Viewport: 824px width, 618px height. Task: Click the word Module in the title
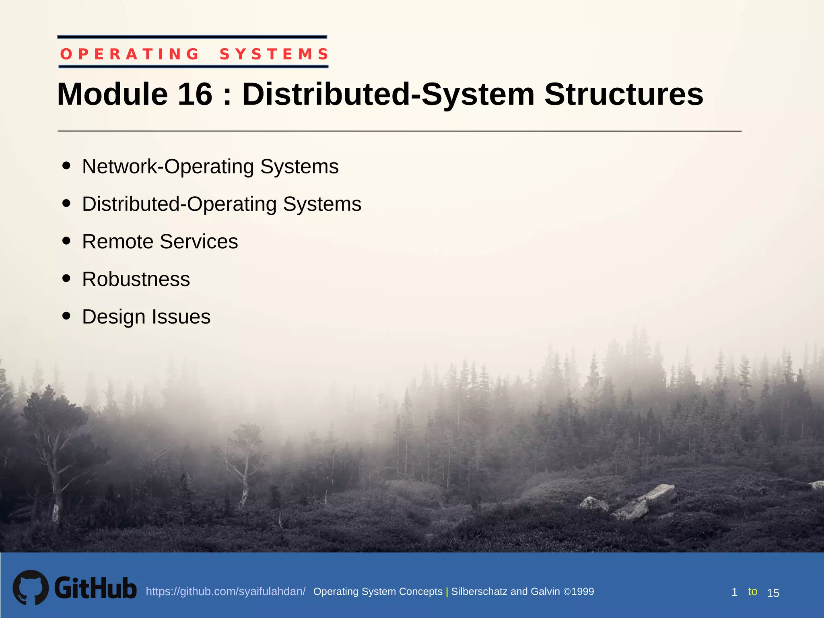pos(112,95)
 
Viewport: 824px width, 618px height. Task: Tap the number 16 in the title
pos(195,95)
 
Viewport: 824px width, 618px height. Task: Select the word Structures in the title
pos(624,95)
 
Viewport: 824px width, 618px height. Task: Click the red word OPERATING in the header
pos(130,54)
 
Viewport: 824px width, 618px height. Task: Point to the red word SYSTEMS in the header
pos(274,54)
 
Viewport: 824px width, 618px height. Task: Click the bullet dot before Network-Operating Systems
pos(67,166)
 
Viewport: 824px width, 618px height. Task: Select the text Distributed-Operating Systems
pos(222,204)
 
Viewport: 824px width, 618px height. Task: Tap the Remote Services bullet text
pos(160,241)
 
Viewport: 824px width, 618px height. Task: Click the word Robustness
pos(136,279)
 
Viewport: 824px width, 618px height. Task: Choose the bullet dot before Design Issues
pos(67,316)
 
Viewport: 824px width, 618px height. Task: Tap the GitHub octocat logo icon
pos(31,587)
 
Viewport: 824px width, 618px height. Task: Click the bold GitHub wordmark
pos(95,588)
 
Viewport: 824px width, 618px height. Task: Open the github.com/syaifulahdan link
pos(225,591)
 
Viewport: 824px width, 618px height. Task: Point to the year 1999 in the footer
pos(583,591)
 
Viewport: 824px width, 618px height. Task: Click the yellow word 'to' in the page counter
pos(752,591)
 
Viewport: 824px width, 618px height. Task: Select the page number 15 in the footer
pos(773,593)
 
